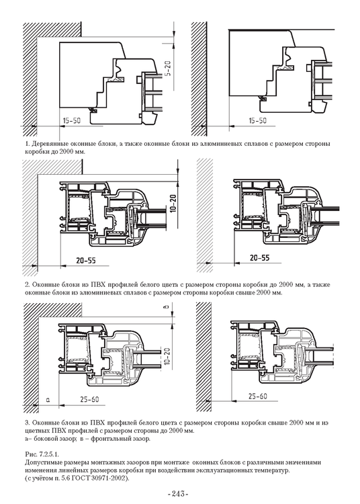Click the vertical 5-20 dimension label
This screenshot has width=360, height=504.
click(168, 72)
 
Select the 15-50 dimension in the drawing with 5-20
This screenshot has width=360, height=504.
click(73, 120)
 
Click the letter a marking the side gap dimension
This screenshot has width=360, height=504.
click(48, 399)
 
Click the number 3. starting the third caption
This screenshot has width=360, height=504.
click(26, 423)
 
